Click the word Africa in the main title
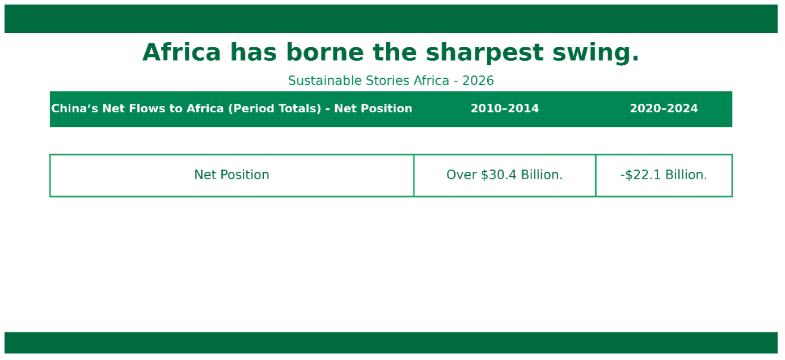click(x=182, y=52)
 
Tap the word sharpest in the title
click(x=484, y=53)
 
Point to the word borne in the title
click(x=325, y=52)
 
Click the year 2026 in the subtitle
click(x=478, y=81)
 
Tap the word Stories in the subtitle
click(x=388, y=81)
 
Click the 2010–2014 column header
click(x=505, y=108)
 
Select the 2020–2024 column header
click(x=664, y=108)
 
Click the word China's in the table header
click(x=75, y=108)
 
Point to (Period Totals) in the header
click(x=275, y=108)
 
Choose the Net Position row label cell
click(x=231, y=175)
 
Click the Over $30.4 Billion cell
click(x=505, y=175)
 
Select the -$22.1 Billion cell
click(x=664, y=175)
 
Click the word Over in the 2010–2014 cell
click(x=462, y=175)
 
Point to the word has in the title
click(x=254, y=52)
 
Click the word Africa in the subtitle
click(x=432, y=81)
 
